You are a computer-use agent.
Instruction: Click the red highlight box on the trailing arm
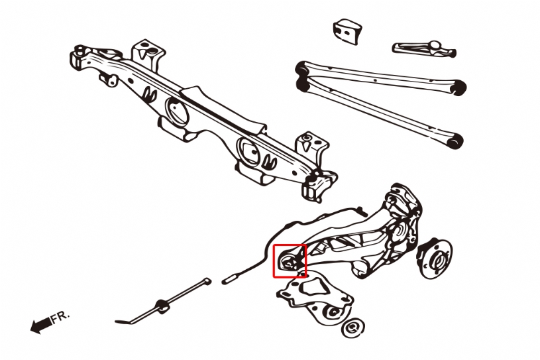(290, 245)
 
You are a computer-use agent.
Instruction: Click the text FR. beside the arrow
(60, 317)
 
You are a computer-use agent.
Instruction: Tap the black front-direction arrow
(41, 325)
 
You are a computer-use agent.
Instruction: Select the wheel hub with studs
(435, 259)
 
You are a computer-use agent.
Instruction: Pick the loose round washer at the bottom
(352, 328)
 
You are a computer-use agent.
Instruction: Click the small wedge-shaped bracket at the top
(347, 32)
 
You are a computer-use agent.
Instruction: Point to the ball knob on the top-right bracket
(435, 45)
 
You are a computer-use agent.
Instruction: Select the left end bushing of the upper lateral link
(302, 68)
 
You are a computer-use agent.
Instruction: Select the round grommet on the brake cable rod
(162, 305)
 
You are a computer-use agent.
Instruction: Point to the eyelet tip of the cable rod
(207, 280)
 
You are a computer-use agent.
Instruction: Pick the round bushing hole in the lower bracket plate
(334, 312)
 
